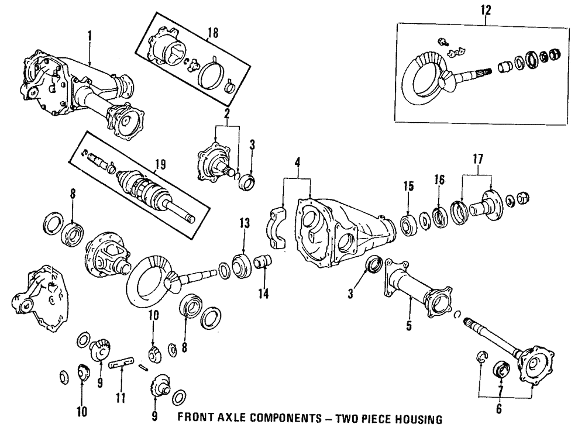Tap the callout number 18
tap(213, 33)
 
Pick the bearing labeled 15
tap(408, 224)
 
